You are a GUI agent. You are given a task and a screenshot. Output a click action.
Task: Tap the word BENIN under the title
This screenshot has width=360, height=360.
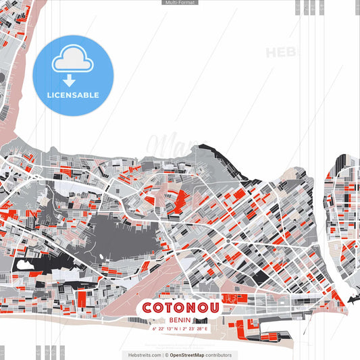coord(180,319)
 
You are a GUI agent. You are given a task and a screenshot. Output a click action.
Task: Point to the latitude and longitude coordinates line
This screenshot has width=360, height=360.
coord(180,328)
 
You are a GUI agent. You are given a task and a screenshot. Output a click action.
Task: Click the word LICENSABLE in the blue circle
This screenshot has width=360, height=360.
coord(73,95)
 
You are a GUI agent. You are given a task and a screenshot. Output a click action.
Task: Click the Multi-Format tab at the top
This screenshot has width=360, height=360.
coord(180,3)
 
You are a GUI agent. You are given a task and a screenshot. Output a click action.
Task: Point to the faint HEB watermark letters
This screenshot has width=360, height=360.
coord(280,53)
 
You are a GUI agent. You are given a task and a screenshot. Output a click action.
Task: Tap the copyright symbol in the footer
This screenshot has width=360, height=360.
coord(166,355)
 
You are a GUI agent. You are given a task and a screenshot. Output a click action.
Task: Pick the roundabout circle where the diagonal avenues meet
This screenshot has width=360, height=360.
coord(228,240)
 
